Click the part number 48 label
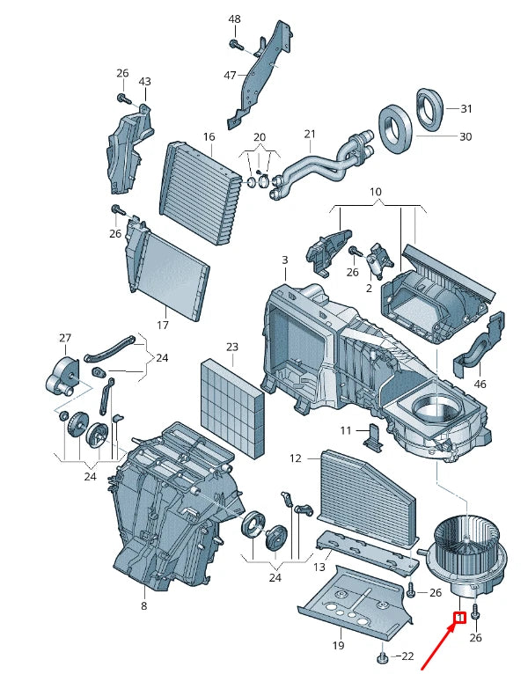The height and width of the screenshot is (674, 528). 234,18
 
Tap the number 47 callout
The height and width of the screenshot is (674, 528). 230,75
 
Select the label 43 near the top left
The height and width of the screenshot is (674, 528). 145,81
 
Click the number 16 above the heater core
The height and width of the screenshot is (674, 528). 209,136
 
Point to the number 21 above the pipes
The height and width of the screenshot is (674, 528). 310,134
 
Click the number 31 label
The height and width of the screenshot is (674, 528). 466,109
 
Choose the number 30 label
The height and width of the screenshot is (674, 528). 466,136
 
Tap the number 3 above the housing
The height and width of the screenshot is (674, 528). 284,260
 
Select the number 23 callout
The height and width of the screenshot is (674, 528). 232,347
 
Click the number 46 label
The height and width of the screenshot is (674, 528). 480,384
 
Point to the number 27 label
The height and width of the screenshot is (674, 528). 65,338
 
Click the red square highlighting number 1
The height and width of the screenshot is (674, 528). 460,618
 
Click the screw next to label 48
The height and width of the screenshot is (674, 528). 235,43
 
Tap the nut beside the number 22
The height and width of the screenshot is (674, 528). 381,657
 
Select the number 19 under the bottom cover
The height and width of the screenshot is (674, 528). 339,645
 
